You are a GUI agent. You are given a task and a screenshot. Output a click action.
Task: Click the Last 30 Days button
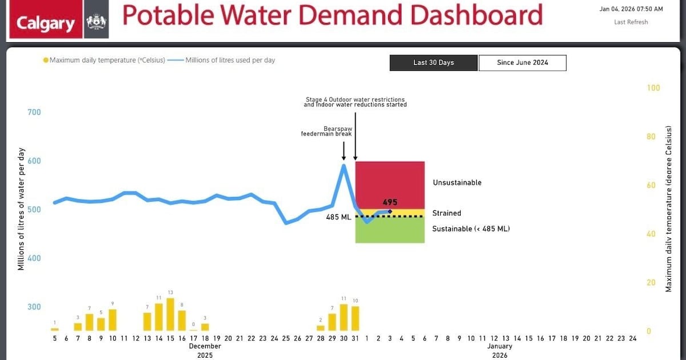(x=433, y=63)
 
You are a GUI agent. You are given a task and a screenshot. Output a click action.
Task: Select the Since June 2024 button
(x=522, y=63)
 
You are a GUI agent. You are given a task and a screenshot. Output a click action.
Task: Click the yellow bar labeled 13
(x=170, y=314)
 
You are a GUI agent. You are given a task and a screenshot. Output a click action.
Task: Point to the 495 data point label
(x=390, y=202)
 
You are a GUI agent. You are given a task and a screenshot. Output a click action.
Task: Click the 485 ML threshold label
(x=338, y=217)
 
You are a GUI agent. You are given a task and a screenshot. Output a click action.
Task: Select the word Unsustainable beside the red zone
(x=457, y=183)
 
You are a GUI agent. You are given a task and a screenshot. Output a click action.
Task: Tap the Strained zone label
(x=446, y=213)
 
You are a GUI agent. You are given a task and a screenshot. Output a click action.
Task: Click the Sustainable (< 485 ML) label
(x=470, y=229)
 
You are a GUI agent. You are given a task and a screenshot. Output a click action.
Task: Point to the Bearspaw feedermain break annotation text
(x=327, y=131)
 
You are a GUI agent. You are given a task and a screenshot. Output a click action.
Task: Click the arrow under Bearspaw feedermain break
(x=344, y=151)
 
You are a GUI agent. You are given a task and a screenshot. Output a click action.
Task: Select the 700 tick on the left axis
(x=34, y=112)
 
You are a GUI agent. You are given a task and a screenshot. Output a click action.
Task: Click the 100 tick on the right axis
(x=653, y=88)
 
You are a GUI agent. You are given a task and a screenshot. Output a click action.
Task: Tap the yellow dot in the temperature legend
(x=45, y=60)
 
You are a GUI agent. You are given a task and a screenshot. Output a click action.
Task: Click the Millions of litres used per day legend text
(x=230, y=60)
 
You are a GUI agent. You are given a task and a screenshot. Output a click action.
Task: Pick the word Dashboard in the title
(x=476, y=15)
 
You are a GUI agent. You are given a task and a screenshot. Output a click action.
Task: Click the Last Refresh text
(x=631, y=22)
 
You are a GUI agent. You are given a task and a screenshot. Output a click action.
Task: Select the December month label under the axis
(x=205, y=346)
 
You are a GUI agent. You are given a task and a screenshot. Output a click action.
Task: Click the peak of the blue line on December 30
(x=344, y=165)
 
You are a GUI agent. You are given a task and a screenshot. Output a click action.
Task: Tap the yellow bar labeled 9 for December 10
(x=113, y=320)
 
